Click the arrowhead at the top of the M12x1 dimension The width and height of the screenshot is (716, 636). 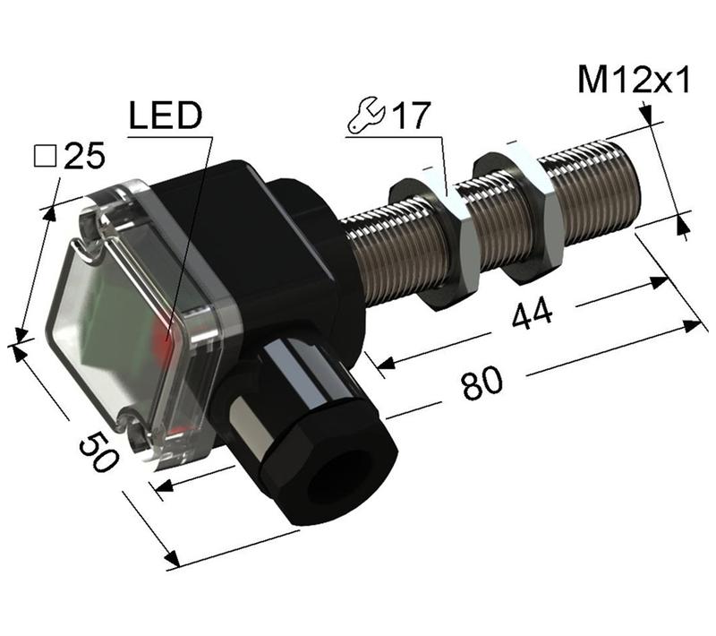646,114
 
